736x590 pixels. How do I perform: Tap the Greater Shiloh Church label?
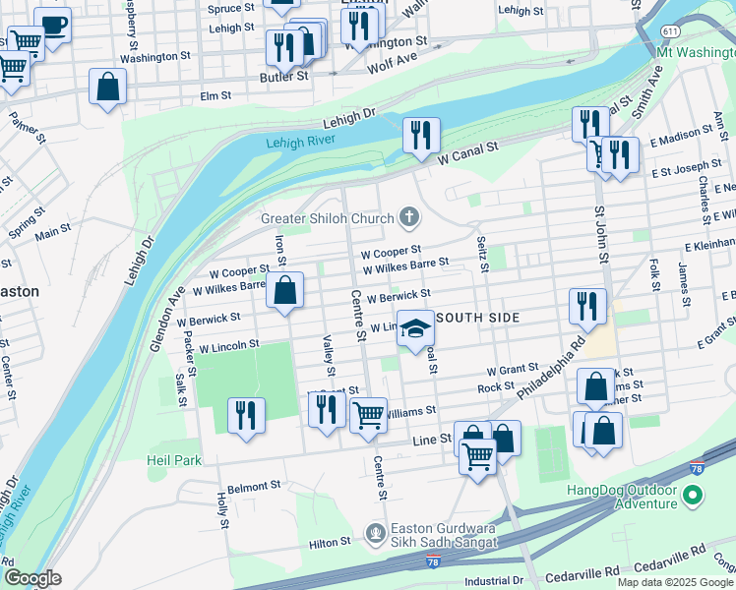click(x=328, y=217)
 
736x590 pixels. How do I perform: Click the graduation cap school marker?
click(x=415, y=329)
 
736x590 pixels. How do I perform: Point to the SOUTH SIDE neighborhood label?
click(x=476, y=319)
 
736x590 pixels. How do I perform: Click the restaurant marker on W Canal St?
click(x=421, y=136)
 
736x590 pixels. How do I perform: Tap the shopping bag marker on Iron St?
click(x=284, y=291)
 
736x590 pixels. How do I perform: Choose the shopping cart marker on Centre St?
click(x=368, y=415)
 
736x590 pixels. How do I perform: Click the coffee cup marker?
click(x=52, y=25)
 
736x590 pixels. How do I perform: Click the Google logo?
click(x=32, y=578)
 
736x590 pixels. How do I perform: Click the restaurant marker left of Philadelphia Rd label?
click(x=587, y=307)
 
